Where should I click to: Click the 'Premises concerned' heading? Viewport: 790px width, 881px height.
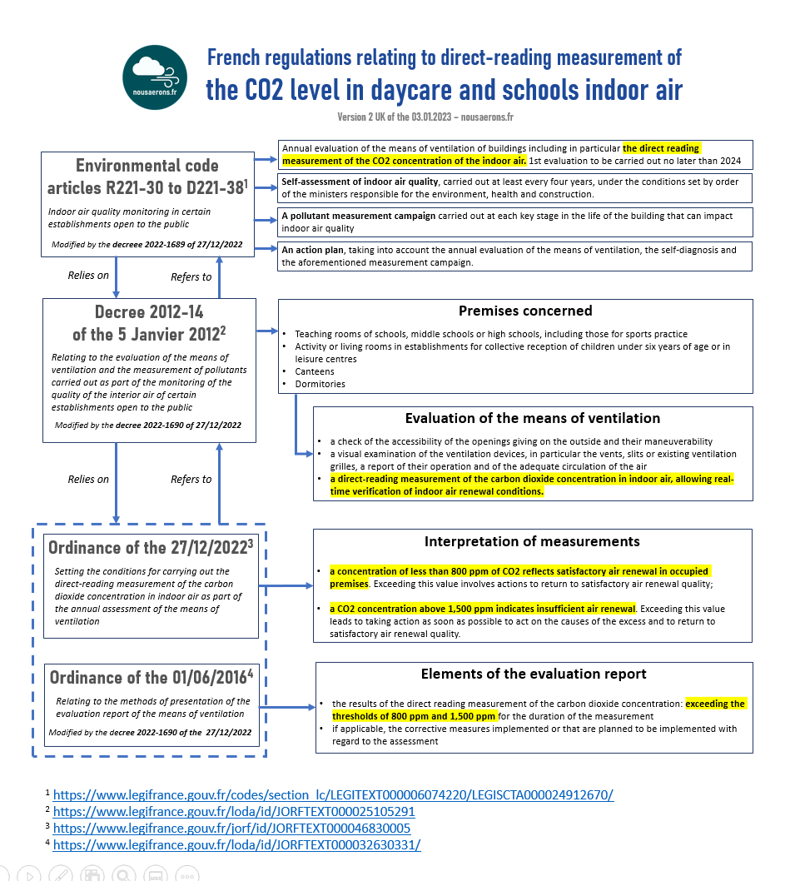click(x=525, y=311)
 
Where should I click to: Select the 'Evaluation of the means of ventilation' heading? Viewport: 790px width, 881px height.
click(x=532, y=418)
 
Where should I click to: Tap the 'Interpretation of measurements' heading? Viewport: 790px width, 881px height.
click(x=532, y=541)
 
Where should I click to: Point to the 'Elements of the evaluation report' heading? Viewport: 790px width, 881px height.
click(x=534, y=674)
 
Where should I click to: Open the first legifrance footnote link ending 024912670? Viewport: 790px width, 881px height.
click(x=333, y=794)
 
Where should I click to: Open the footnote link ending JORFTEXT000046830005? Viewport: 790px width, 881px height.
click(x=231, y=828)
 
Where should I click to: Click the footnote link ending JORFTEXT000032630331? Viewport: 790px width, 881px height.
click(x=236, y=844)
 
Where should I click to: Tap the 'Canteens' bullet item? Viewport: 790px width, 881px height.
click(x=315, y=371)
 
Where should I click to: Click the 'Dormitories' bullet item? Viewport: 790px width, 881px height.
click(x=320, y=384)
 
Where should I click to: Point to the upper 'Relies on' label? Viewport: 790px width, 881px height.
click(x=88, y=276)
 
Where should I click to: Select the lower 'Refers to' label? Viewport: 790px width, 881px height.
click(x=191, y=479)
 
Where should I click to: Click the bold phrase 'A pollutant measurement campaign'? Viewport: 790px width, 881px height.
click(x=359, y=216)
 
